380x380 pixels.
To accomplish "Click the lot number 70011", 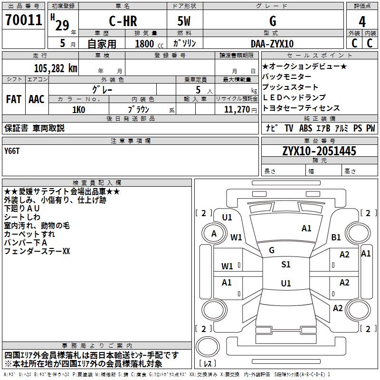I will tap(23, 20).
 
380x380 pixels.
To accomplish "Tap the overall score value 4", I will tap(362, 21).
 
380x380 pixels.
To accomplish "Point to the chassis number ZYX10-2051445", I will tap(319, 151).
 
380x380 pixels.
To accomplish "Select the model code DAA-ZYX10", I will tap(272, 44).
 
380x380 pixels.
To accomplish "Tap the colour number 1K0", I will tap(78, 109).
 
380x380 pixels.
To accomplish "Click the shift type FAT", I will tap(14, 99).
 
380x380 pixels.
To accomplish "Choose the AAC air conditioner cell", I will tap(37, 99).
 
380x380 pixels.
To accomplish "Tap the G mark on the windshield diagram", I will tap(272, 250).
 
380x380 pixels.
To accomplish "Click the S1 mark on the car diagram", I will tap(285, 265).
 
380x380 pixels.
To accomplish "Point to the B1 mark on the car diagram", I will tap(336, 237).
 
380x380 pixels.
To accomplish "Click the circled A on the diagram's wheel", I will tap(214, 233).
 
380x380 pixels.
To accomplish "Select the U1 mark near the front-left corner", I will tap(227, 217).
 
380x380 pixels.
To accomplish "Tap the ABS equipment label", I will tap(305, 128).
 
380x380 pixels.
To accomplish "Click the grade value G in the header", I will tap(272, 21).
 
